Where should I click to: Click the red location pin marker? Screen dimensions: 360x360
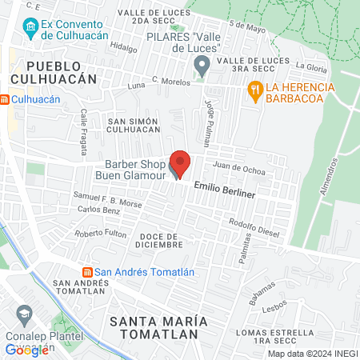[x=180, y=163]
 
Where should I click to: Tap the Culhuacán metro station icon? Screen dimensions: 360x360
[x=6, y=99]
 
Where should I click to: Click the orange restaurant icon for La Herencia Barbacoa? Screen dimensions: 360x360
[x=257, y=92]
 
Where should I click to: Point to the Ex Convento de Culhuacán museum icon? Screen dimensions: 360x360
[x=30, y=29]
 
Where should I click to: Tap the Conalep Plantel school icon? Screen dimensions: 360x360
[x=22, y=313]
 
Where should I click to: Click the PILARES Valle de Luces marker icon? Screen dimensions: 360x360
[x=202, y=66]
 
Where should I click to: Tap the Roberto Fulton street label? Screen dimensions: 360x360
[x=101, y=234]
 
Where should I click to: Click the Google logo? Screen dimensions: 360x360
[x=26, y=350]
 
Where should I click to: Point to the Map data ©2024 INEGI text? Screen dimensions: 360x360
[x=312, y=354]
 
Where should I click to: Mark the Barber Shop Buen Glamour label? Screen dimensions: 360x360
[x=130, y=167]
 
